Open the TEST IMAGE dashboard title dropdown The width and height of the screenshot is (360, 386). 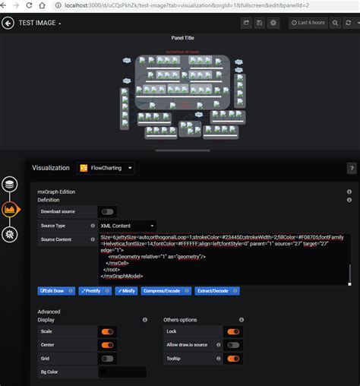tap(40, 23)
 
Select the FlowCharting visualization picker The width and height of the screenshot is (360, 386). tap(106, 167)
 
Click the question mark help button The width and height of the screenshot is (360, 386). tap(352, 168)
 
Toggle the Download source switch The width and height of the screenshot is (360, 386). tap(107, 211)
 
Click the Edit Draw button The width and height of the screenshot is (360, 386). tap(55, 291)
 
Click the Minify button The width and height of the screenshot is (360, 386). tap(126, 291)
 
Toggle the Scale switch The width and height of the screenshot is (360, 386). tap(107, 331)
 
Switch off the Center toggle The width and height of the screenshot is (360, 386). tap(107, 345)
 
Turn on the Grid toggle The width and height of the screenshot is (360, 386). tap(107, 359)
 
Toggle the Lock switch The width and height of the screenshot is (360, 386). tap(233, 331)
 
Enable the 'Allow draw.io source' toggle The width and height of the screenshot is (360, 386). tap(233, 345)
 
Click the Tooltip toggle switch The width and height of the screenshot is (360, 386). tap(233, 359)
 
